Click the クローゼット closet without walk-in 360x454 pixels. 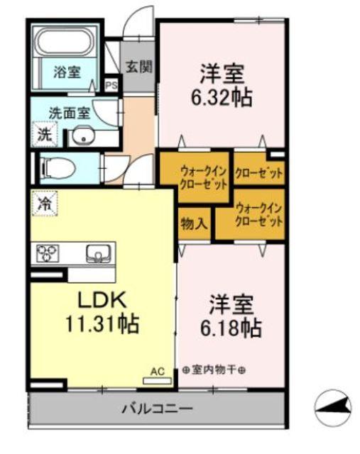point(259,172)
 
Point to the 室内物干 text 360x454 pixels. point(213,370)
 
